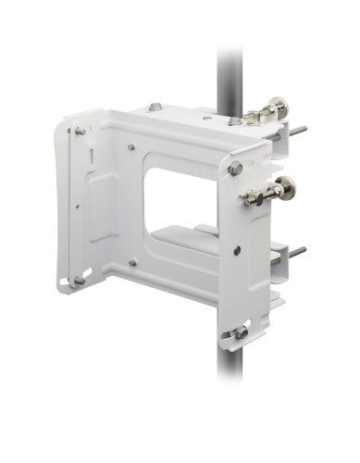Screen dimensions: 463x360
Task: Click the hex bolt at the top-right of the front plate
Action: pyautogui.click(x=235, y=168)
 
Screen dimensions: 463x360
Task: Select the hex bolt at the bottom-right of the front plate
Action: pyautogui.click(x=241, y=331)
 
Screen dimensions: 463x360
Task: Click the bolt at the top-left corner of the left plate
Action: pyautogui.click(x=80, y=131)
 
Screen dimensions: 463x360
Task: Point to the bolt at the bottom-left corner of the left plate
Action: pyautogui.click(x=79, y=279)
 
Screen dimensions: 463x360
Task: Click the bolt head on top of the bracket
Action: pyautogui.click(x=155, y=107)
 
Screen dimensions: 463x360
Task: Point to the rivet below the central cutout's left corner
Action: pyautogui.click(x=132, y=262)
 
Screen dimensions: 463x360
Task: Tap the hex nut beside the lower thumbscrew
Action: pyautogui.click(x=252, y=195)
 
